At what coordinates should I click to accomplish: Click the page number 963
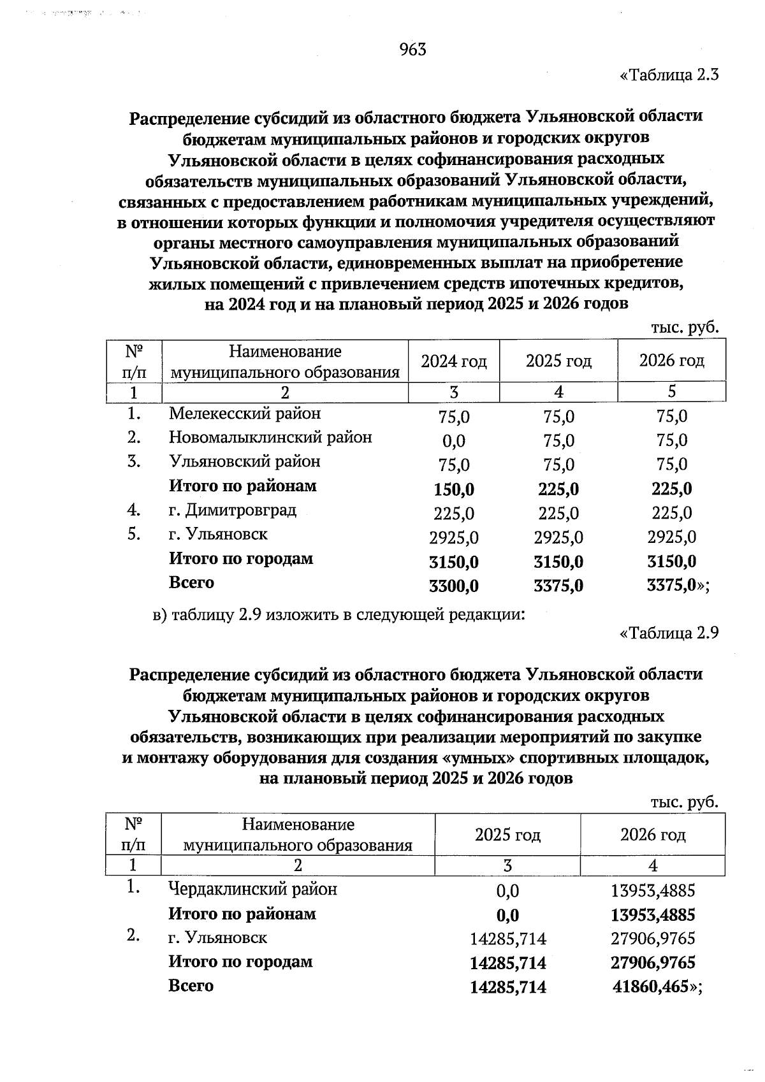point(412,49)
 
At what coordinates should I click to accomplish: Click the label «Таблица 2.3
point(669,75)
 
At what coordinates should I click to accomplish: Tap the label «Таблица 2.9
point(669,633)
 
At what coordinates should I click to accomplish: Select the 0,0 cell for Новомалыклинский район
point(453,440)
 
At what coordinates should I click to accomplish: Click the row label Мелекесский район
point(245,414)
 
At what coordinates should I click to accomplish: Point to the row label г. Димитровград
point(232,510)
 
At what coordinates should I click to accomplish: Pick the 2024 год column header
point(453,361)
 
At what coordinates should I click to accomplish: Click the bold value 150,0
point(453,489)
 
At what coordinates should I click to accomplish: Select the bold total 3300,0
point(453,586)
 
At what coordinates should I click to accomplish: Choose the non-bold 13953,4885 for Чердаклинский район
point(653,891)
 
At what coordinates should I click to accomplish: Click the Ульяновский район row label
point(244,461)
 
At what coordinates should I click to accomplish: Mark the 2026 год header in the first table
point(671,361)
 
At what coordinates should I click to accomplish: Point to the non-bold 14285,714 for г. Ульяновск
point(507,939)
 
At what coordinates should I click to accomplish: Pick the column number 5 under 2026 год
point(671,391)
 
